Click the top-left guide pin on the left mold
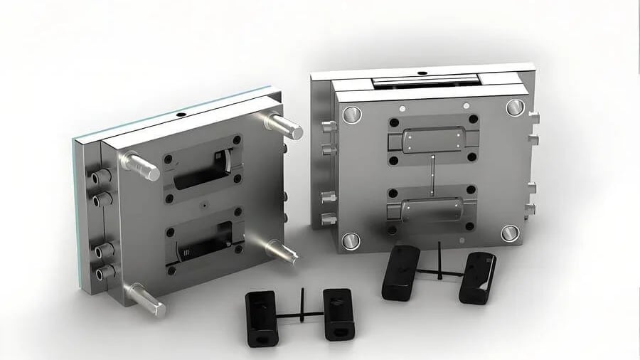139,165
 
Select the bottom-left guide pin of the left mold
148,300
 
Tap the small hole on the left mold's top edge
180,114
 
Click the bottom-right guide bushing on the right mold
511,233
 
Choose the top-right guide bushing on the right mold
515,107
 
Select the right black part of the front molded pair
337,313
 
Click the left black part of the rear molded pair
400,272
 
